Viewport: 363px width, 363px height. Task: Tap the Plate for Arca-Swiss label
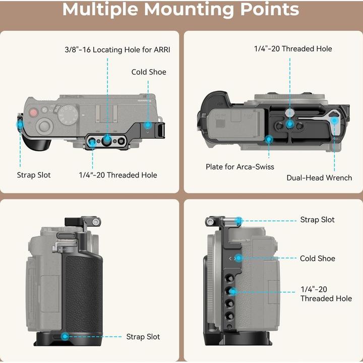239,166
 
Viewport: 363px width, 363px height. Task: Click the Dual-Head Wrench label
319,177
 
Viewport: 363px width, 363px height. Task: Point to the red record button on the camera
34,113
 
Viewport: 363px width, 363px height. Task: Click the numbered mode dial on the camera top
67,115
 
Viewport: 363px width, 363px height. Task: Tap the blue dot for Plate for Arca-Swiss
269,139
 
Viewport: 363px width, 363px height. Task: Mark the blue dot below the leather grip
65,336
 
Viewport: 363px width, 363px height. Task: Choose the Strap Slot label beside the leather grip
143,337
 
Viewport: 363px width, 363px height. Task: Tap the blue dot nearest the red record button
20,124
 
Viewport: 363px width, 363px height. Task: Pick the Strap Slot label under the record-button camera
34,175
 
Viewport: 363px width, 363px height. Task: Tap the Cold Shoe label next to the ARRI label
149,72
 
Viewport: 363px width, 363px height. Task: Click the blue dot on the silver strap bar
239,220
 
